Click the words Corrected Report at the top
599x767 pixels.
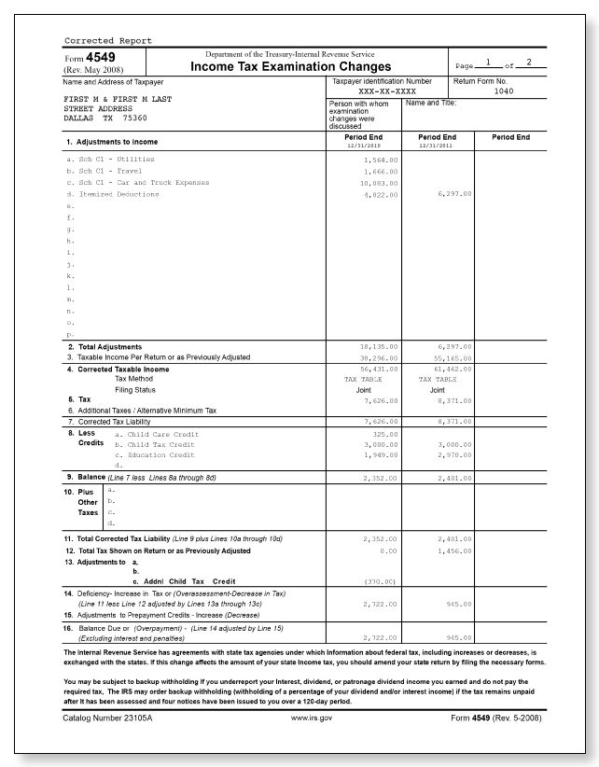coord(107,40)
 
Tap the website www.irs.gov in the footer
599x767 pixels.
coord(312,718)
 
